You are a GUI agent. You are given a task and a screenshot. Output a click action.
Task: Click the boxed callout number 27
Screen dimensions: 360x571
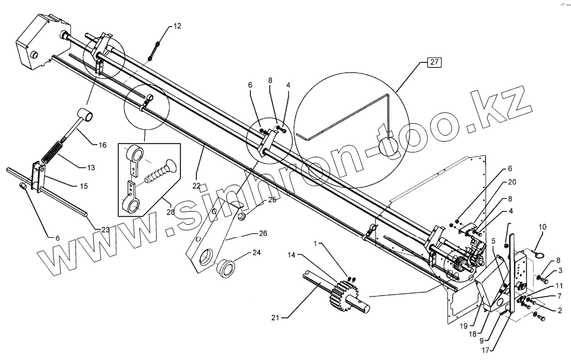[x=434, y=63]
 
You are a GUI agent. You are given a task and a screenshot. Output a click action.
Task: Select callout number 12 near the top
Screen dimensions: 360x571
[x=177, y=26]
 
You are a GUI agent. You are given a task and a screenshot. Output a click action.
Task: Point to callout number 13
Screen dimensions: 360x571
[x=90, y=168]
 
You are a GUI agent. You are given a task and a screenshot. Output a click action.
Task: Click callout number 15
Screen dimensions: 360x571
[x=83, y=186]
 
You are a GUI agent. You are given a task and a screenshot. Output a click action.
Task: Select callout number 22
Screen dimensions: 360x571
[x=196, y=186]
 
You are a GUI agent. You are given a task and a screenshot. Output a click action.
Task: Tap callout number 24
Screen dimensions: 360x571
[x=256, y=252]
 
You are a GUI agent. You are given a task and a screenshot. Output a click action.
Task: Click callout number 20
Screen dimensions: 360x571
[x=512, y=182]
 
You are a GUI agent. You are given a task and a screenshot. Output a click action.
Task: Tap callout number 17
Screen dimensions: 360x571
[x=485, y=350]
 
